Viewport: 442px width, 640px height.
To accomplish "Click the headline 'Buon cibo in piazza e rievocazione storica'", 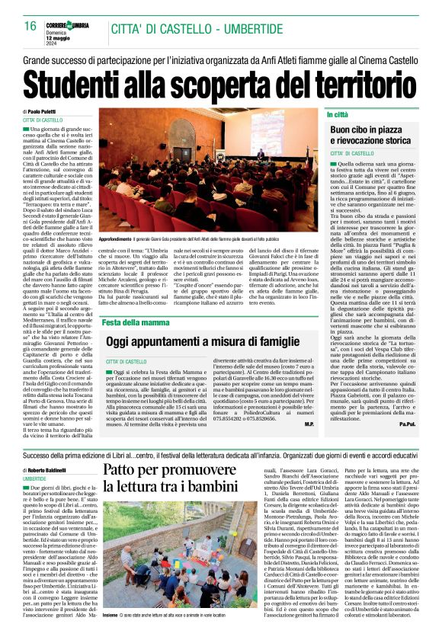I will point(372,136).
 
